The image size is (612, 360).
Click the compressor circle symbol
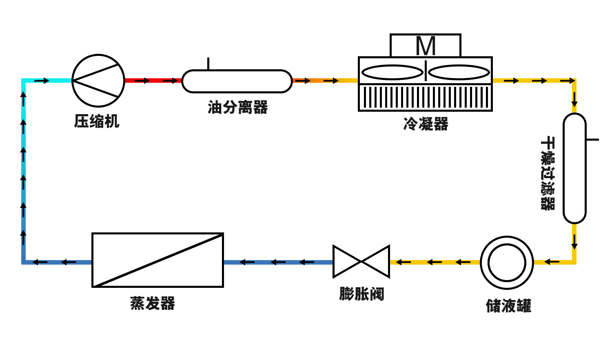tap(98, 81)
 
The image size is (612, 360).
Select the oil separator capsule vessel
tap(237, 81)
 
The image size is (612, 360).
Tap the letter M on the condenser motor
tap(426, 46)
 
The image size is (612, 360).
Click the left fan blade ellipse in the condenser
tap(392, 73)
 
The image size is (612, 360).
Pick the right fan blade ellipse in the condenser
tap(459, 73)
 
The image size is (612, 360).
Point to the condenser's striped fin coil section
tap(426, 97)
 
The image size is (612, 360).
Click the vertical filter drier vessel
tap(574, 168)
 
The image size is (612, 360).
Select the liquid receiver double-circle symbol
tap(507, 263)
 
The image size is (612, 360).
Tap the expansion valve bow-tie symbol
tap(361, 262)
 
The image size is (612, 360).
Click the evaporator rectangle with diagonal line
tap(158, 260)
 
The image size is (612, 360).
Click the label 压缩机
tap(97, 121)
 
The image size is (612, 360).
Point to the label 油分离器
tap(237, 107)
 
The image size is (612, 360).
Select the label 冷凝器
tap(426, 124)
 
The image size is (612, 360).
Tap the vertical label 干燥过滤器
tap(548, 173)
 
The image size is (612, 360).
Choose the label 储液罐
tap(508, 305)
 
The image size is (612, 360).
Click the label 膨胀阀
tap(361, 294)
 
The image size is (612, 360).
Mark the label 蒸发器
tap(153, 303)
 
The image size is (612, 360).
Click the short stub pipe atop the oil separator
tap(208, 64)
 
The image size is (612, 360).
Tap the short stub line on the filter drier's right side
tap(592, 139)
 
